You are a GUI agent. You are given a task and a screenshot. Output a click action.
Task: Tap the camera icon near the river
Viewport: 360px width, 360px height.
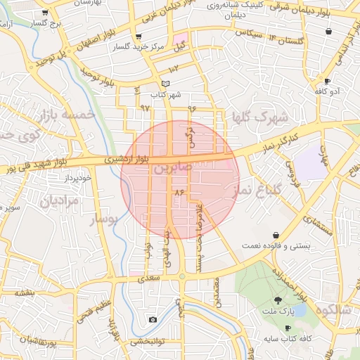(x=153, y=320)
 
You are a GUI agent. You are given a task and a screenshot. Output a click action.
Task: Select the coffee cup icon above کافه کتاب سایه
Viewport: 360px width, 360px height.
(x=288, y=328)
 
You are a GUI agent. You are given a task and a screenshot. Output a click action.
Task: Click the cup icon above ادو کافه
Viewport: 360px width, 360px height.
(x=327, y=81)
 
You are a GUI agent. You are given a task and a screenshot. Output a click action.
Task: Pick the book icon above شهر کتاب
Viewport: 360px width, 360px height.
(x=165, y=84)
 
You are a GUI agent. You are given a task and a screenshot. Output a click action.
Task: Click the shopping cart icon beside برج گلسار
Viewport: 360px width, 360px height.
(x=46, y=13)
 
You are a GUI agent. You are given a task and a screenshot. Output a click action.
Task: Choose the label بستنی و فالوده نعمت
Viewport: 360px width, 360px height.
(x=309, y=247)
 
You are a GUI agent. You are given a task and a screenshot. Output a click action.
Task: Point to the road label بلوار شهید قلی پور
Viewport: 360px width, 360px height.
(x=39, y=167)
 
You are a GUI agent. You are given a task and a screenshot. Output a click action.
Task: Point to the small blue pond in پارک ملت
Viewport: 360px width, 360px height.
(x=300, y=309)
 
